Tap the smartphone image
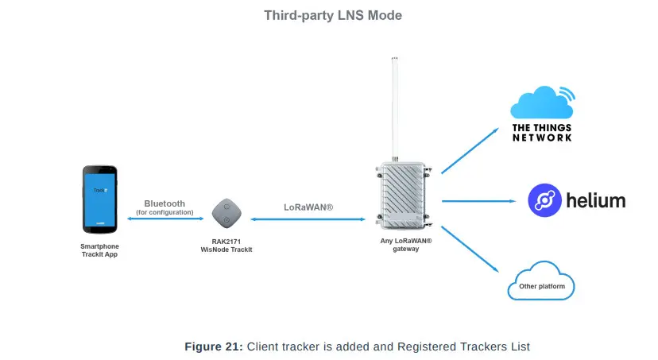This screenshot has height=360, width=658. (x=100, y=199)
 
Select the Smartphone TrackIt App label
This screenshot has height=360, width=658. (x=99, y=250)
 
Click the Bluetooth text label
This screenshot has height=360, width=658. (x=164, y=203)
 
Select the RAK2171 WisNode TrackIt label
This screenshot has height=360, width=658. (x=226, y=246)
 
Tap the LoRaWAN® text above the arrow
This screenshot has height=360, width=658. (x=308, y=207)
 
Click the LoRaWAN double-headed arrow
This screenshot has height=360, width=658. (x=308, y=219)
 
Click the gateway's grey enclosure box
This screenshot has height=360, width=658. (x=404, y=193)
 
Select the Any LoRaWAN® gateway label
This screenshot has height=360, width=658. (x=405, y=244)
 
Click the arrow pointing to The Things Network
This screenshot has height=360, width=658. (x=470, y=149)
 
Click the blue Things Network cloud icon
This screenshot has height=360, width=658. (x=540, y=103)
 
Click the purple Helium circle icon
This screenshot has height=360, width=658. (x=545, y=200)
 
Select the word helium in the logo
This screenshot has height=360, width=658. (x=595, y=200)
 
